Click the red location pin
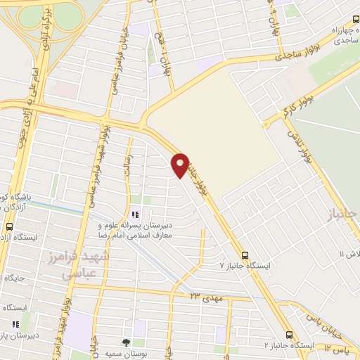[x=180, y=165]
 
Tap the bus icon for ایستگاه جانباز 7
[x=245, y=255]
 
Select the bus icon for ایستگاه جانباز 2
[x=290, y=335]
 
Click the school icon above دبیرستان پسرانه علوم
[x=134, y=214]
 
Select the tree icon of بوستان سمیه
[x=126, y=342]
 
